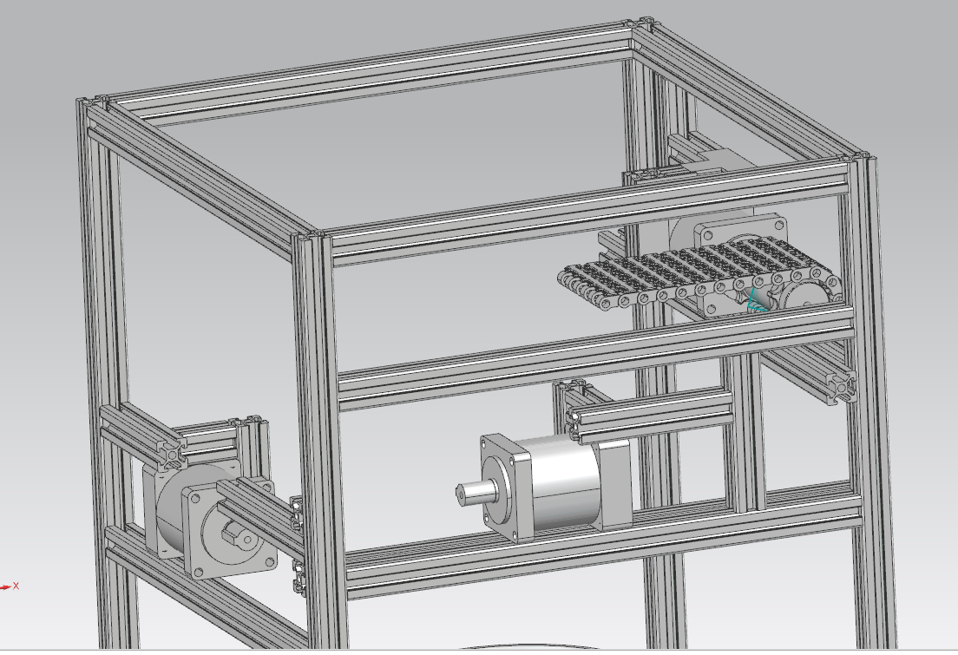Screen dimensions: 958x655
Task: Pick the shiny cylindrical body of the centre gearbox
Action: [565, 482]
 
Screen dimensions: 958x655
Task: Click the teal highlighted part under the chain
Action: [758, 300]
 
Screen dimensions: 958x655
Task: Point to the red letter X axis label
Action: [16, 586]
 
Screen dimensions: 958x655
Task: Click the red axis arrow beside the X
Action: [5, 587]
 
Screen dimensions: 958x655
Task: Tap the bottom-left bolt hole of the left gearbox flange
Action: [197, 573]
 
